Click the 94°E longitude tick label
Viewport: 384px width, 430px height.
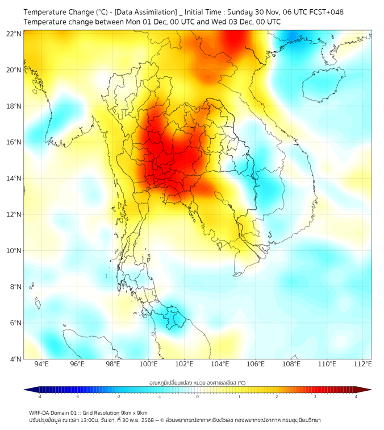[x=41, y=364]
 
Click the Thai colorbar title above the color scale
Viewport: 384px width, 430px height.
[x=197, y=382]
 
